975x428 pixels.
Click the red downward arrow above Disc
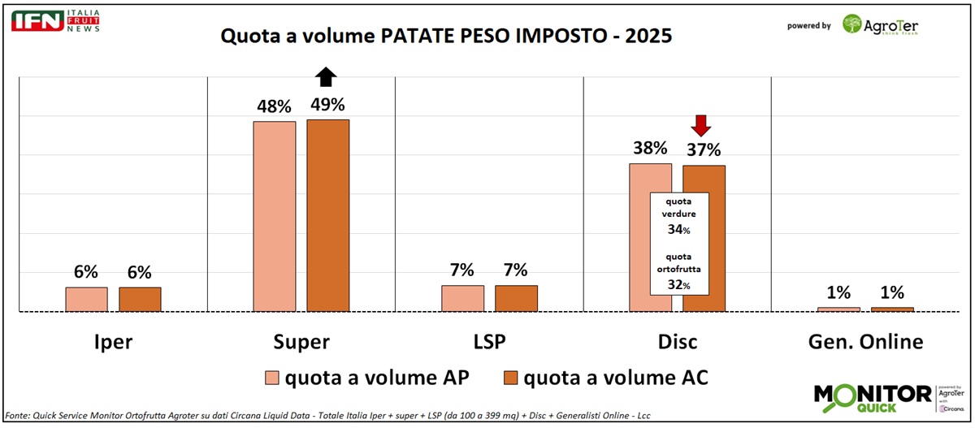click(702, 125)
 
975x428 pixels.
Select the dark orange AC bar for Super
click(327, 215)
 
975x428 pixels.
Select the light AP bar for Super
click(275, 216)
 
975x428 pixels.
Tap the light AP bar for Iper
click(86, 299)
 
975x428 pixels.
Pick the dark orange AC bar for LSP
click(516, 298)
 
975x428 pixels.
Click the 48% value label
click(274, 106)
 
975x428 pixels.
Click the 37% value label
click(703, 149)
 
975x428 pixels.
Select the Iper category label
click(113, 342)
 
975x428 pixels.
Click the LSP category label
click(489, 342)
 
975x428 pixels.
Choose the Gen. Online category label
click(866, 342)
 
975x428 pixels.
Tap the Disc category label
click(677, 342)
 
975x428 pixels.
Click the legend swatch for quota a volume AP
click(272, 378)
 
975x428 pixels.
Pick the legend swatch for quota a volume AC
click(510, 378)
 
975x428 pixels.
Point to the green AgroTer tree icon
click(852, 24)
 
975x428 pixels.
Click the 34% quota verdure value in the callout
click(680, 231)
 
